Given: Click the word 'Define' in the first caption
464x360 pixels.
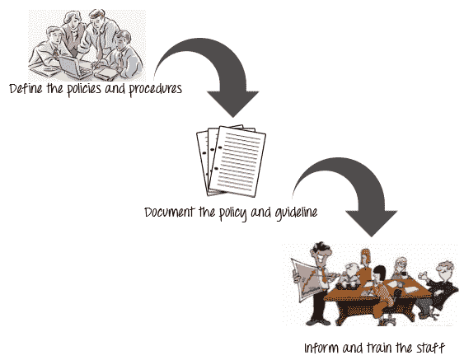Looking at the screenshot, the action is tap(26, 88).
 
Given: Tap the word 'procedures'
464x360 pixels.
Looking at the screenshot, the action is tap(156, 89).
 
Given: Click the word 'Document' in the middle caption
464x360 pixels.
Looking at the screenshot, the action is tap(170, 212).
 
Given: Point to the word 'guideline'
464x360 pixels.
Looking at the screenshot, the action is tap(296, 213).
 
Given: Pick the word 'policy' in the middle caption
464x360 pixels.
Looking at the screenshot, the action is tap(232, 213).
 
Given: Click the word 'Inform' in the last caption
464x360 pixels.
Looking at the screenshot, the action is tap(321, 348).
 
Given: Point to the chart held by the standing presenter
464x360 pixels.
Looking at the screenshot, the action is tap(306, 279).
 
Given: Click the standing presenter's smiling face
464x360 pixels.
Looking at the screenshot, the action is tap(321, 255).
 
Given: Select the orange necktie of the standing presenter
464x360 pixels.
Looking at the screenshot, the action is tap(325, 276).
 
